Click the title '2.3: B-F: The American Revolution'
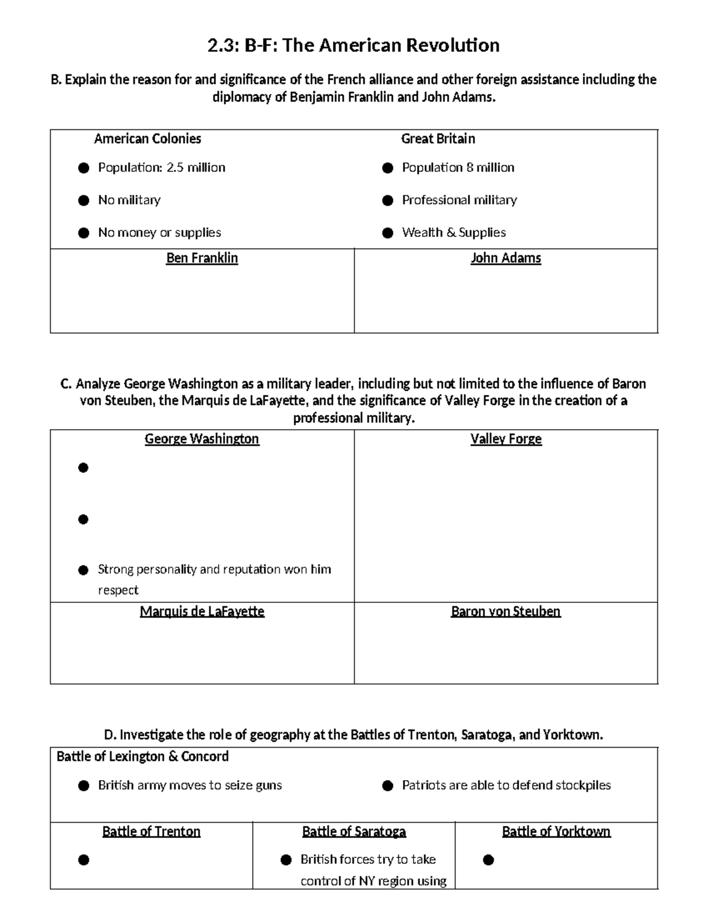pyautogui.click(x=353, y=45)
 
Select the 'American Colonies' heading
pyautogui.click(x=147, y=139)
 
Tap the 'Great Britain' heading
pyautogui.click(x=438, y=139)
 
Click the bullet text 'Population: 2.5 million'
pyautogui.click(x=162, y=168)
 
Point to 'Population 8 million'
pyautogui.click(x=458, y=168)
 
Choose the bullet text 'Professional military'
pyautogui.click(x=459, y=200)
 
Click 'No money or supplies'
pyautogui.click(x=159, y=233)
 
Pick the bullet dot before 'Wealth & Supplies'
pyautogui.click(x=388, y=233)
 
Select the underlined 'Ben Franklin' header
pyautogui.click(x=202, y=258)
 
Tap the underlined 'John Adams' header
pyautogui.click(x=506, y=258)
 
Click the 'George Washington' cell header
pyautogui.click(x=202, y=439)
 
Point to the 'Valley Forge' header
pyautogui.click(x=506, y=439)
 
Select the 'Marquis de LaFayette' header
pyautogui.click(x=202, y=611)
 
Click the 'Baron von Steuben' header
pyautogui.click(x=506, y=611)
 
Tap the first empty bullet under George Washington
pyautogui.click(x=83, y=468)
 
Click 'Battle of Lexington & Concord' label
pyautogui.click(x=142, y=756)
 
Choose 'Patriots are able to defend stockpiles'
pyautogui.click(x=506, y=785)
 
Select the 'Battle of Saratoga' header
pyautogui.click(x=354, y=831)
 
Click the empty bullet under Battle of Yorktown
pyautogui.click(x=488, y=860)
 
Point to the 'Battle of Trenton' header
pyautogui.click(x=151, y=831)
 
